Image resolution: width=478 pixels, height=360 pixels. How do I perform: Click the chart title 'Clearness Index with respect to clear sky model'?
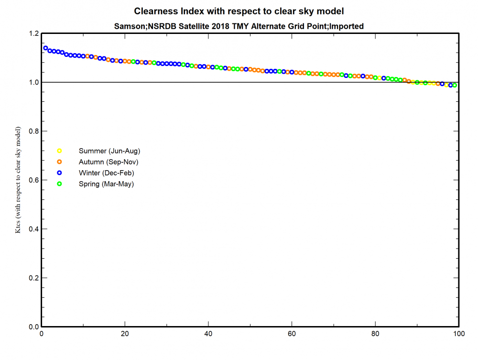pos(239,11)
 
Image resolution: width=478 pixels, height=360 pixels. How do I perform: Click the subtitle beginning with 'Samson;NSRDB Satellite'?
pos(239,26)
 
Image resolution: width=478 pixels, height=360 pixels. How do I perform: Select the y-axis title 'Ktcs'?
pos(18,180)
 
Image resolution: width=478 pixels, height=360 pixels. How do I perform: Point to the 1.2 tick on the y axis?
pos(33,34)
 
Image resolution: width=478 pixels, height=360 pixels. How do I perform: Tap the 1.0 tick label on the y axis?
pos(33,83)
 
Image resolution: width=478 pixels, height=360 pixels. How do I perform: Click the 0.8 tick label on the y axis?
pos(33,131)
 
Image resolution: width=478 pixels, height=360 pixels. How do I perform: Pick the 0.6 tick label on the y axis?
pos(33,180)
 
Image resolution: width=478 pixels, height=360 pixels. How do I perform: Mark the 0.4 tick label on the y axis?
pos(33,229)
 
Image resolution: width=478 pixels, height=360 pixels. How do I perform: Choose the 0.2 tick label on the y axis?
pos(33,278)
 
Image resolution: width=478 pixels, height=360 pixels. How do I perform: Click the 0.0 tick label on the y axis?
pos(33,327)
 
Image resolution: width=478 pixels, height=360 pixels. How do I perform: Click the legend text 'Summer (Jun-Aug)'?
pos(109,151)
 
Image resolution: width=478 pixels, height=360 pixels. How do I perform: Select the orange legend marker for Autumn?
pos(60,162)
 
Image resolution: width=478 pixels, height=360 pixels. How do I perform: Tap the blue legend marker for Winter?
pos(60,173)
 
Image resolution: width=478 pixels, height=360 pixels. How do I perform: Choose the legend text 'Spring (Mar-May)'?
pos(106,184)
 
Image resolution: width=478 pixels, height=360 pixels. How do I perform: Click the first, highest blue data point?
pos(46,48)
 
